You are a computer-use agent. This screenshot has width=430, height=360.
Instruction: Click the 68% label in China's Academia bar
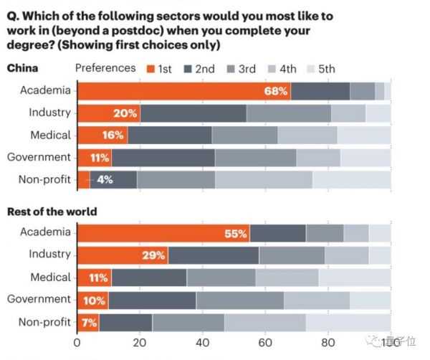(277, 91)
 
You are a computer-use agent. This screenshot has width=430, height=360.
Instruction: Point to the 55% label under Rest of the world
(239, 233)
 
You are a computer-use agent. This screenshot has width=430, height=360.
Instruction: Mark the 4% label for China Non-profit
(105, 179)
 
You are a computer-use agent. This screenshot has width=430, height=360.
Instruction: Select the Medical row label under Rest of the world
(50, 278)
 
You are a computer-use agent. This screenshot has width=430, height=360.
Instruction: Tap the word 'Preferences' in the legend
(105, 68)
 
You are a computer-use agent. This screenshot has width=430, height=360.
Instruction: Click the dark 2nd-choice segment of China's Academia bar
(320, 91)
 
